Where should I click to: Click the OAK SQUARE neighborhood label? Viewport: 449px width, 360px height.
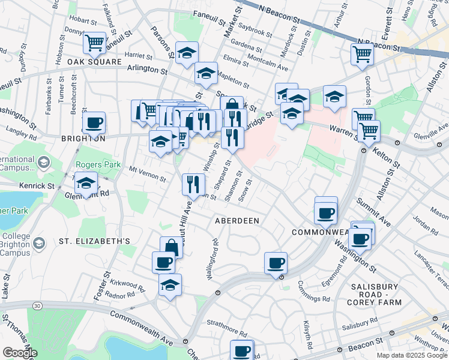point(89,62)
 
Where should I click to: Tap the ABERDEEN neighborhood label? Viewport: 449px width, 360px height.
point(237,221)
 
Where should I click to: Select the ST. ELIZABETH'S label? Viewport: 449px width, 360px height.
point(94,241)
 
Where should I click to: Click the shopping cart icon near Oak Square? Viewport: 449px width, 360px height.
point(94,43)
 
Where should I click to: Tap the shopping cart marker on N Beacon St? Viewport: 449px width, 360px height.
point(363,54)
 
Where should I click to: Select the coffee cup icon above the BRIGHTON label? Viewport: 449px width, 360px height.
point(94,124)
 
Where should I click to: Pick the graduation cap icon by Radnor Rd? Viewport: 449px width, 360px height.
point(170,285)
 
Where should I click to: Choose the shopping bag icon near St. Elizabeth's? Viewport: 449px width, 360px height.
point(171,247)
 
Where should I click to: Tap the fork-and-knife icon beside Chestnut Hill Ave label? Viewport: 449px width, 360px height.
point(193,184)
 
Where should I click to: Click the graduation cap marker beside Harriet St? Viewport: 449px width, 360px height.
point(187,53)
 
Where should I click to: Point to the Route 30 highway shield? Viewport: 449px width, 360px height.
point(38,307)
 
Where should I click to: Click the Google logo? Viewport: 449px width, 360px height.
point(20,353)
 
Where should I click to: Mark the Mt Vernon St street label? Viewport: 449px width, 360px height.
point(147,174)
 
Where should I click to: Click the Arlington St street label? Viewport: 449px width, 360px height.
point(146,70)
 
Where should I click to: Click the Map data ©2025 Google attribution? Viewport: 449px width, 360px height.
point(411,355)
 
